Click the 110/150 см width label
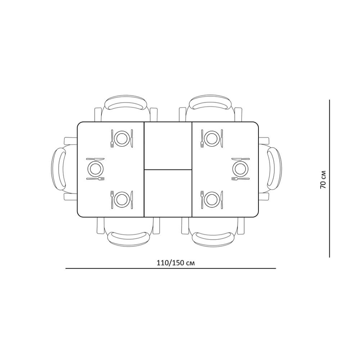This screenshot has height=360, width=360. pyautogui.click(x=176, y=263)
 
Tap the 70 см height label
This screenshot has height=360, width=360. pyautogui.click(x=323, y=180)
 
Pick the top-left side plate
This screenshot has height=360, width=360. pyautogui.click(x=122, y=138)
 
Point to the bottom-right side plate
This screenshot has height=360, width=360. pyautogui.click(x=212, y=199)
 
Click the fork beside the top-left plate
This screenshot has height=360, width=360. pyautogui.click(x=112, y=139)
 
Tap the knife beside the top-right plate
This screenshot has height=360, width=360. pyautogui.click(x=222, y=139)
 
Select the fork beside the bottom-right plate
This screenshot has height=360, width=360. pyautogui.click(x=202, y=199)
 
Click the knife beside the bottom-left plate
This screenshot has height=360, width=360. pyautogui.click(x=132, y=199)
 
